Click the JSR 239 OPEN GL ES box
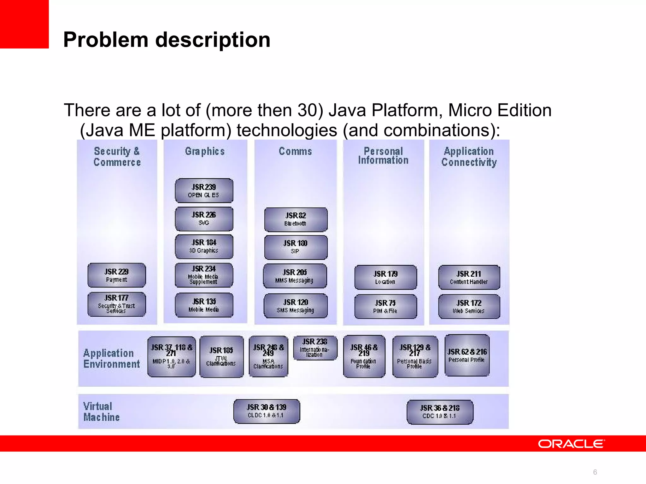coord(204,191)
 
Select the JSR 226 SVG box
coord(204,219)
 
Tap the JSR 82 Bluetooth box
coord(296,219)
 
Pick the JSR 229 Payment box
coord(117,275)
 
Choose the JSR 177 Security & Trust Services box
coord(117,304)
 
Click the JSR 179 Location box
coord(385,277)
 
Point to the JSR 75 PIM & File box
coord(385,306)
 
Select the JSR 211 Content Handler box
coord(469,277)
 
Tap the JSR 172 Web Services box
coord(469,306)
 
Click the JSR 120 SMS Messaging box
coord(296,306)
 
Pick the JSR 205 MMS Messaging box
coord(295,276)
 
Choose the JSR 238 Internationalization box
coord(315,348)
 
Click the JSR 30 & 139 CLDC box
coord(267,411)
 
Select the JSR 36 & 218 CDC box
coord(440,412)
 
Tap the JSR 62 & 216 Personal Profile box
coord(467,355)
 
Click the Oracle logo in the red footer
coord(571,444)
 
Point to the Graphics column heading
coord(205,152)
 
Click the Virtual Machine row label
coord(101,412)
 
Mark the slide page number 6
coord(595,472)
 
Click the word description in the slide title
coord(213,40)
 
